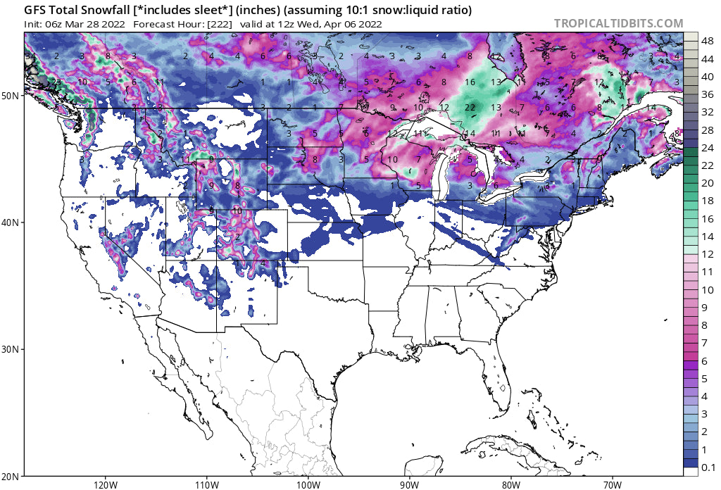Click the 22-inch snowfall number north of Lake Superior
pos(470,107)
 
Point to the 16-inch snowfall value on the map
pos(470,82)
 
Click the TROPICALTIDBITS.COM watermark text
pos(618,23)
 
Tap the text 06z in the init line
pos(56,23)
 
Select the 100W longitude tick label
pos(308,484)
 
